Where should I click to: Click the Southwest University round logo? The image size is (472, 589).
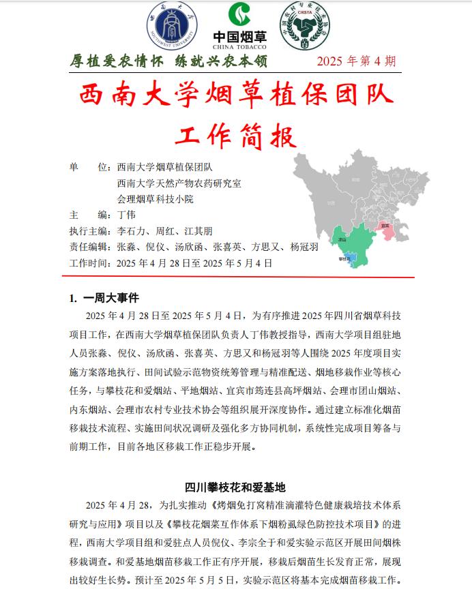tap(172, 27)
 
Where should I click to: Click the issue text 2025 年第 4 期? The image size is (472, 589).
tap(356, 61)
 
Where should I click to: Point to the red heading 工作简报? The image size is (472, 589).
tap(236, 134)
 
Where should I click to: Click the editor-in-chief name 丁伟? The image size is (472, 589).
tap(126, 214)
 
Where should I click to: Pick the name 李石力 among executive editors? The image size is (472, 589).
tap(131, 231)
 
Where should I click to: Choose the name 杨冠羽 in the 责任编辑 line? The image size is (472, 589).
tap(304, 247)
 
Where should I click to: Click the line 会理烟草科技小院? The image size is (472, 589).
tap(155, 199)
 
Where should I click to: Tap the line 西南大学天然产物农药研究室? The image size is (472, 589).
tap(179, 183)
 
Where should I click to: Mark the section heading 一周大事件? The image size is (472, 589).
tap(110, 297)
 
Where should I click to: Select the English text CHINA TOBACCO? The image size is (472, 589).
tap(239, 47)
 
